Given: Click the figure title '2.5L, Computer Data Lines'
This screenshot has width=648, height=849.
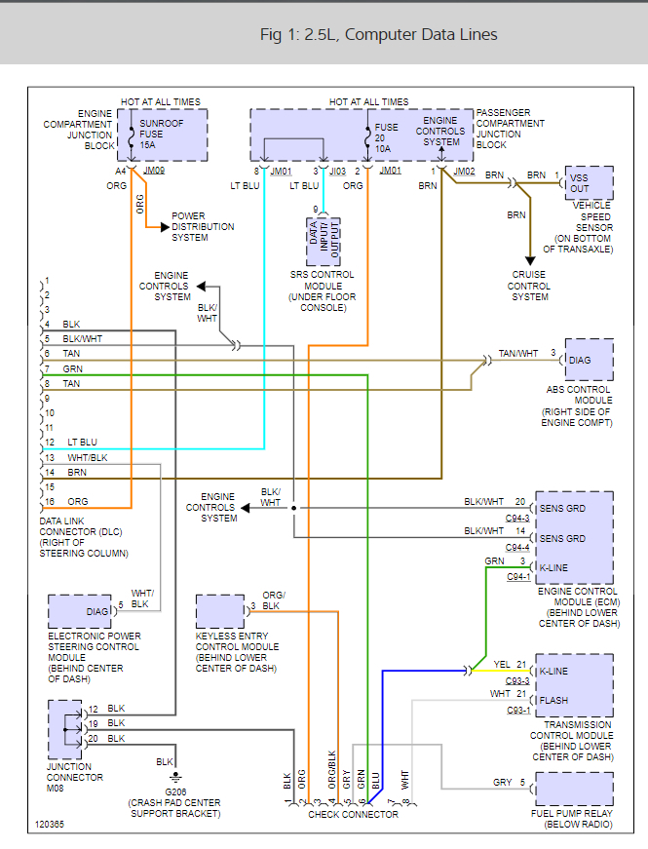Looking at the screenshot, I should click(378, 34).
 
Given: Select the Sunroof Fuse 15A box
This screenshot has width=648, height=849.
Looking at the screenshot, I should click(163, 135).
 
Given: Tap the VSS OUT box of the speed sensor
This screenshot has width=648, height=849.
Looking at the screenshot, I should click(589, 182).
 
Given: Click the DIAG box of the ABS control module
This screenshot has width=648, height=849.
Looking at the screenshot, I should click(589, 360).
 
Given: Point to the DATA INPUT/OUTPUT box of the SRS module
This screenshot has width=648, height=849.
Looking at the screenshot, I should click(324, 241).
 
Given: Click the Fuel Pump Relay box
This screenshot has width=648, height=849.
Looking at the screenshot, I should click(574, 788).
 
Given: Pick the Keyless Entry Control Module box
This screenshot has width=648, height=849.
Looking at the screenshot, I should click(220, 611).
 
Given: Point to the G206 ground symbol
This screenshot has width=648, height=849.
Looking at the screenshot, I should click(175, 777).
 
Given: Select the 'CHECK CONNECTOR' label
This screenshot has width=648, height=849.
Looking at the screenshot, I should click(353, 814).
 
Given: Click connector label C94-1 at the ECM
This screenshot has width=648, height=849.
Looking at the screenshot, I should click(518, 577).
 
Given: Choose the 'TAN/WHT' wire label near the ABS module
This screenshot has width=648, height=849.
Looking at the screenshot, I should click(517, 353).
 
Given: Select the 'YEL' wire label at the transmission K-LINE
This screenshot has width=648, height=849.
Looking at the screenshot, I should click(502, 664).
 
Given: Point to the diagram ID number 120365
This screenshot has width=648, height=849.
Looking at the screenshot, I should click(50, 824).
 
